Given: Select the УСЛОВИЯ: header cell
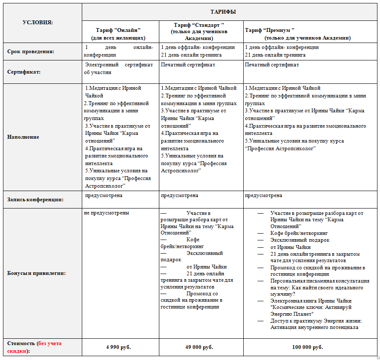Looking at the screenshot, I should point(37,23).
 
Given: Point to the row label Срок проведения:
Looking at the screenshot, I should point(31,51).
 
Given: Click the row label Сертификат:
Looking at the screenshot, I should point(24,72).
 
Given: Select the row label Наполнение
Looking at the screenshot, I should point(23,137).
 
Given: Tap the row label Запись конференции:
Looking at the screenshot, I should point(35,199).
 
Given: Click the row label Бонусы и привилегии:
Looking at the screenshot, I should point(37,273).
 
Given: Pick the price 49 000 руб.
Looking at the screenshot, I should point(200,347).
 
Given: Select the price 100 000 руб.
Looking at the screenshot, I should point(307,347).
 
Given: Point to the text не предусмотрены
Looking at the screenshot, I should point(107,213).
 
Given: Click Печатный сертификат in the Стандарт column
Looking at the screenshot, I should point(188,65).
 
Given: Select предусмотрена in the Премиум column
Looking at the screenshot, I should point(263,195).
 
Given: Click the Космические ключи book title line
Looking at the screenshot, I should point(311,307).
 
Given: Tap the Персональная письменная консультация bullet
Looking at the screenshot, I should point(320,281).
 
